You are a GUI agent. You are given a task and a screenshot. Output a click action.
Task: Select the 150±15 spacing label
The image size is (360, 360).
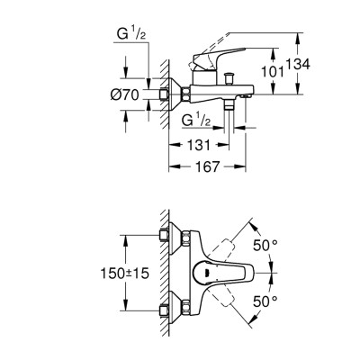[125, 270]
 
